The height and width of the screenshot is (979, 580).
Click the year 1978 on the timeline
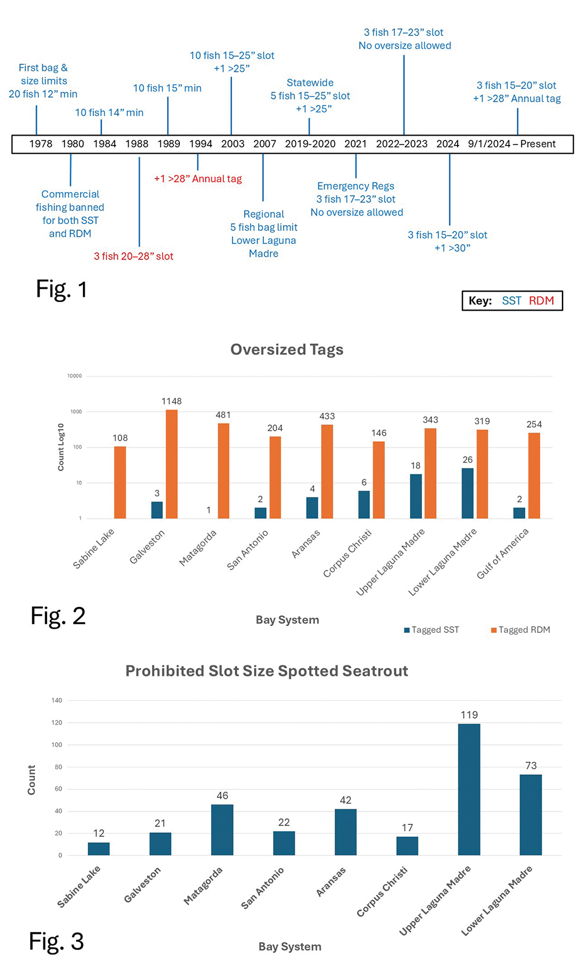[x=41, y=144]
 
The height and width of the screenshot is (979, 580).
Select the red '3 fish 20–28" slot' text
[x=133, y=256]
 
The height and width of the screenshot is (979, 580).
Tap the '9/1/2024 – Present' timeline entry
[x=512, y=144]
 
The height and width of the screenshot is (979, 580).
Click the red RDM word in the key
[x=541, y=301]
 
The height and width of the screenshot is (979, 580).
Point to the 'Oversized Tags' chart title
[x=287, y=350]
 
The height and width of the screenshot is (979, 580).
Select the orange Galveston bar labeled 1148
[x=172, y=464]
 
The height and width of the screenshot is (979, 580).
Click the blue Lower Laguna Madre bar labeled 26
[x=467, y=493]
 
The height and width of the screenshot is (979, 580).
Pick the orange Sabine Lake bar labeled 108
[x=120, y=482]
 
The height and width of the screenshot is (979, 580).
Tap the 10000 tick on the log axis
[x=74, y=376]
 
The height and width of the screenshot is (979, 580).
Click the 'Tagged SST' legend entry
[x=432, y=630]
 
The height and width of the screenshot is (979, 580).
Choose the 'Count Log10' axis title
[x=61, y=447]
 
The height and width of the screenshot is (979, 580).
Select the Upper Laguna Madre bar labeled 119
[x=469, y=789]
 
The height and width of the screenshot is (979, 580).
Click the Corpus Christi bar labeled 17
[x=407, y=846]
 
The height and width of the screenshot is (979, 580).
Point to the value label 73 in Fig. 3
[x=531, y=766]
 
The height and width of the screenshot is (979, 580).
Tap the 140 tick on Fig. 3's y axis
[x=56, y=700]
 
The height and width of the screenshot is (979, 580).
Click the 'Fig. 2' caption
[x=58, y=616]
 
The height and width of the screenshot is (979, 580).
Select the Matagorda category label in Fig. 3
[x=203, y=886]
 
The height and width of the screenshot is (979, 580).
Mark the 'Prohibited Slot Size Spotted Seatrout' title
[x=267, y=671]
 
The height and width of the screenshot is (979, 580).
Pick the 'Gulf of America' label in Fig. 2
[x=502, y=554]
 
